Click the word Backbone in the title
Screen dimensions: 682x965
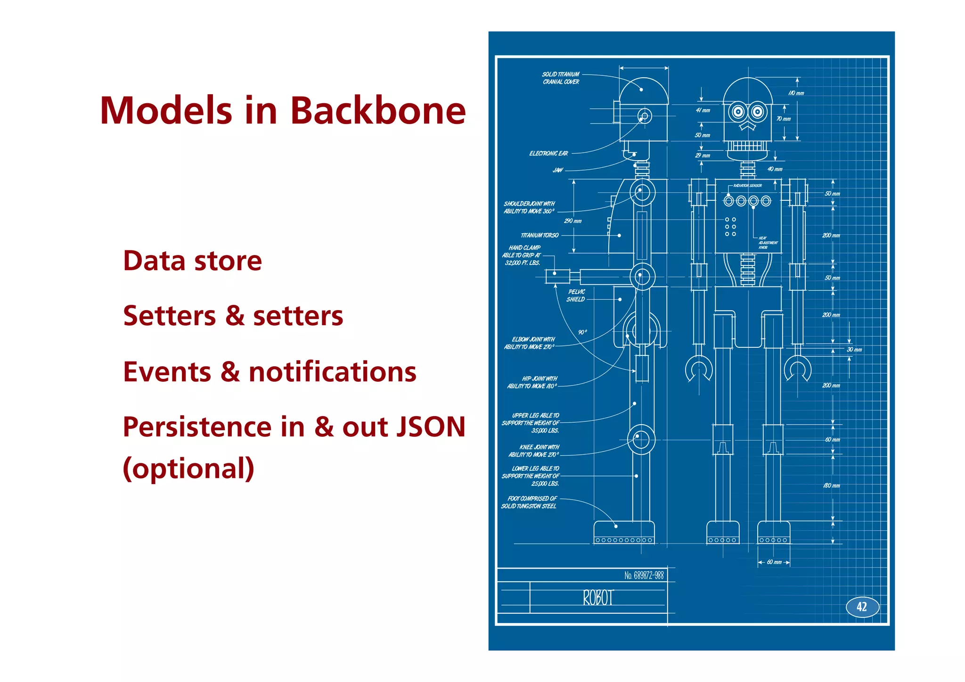(377, 111)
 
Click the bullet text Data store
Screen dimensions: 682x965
(192, 261)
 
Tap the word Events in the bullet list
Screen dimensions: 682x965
(167, 372)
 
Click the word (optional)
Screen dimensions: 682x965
(188, 468)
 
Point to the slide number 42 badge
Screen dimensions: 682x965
(862, 607)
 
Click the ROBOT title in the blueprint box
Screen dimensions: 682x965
(598, 598)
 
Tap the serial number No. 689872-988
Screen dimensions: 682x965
(644, 575)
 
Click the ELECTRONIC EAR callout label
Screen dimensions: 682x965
(548, 154)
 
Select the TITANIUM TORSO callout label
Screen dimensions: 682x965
(540, 235)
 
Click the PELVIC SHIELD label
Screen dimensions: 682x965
(576, 296)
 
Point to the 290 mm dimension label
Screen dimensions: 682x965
(573, 221)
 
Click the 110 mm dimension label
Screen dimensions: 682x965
(796, 93)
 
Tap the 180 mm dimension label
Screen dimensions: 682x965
(831, 485)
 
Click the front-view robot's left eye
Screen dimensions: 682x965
(738, 112)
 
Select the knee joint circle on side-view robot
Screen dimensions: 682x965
(641, 439)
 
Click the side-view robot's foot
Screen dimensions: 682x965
(624, 533)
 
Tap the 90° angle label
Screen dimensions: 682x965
(582, 332)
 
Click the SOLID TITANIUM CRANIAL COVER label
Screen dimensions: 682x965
(561, 78)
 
